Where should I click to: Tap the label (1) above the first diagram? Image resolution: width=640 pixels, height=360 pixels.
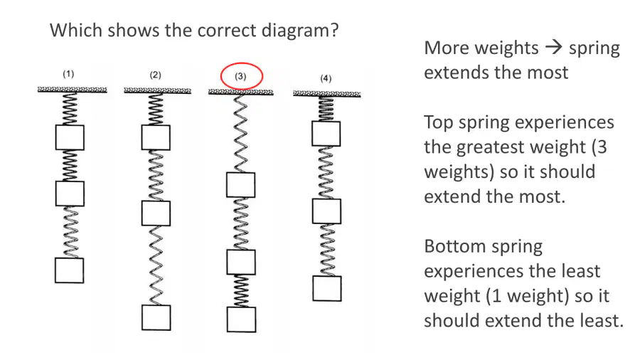click(x=68, y=74)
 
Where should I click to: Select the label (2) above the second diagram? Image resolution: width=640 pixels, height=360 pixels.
click(x=155, y=75)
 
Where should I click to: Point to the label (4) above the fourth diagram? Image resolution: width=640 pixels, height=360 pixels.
click(x=326, y=78)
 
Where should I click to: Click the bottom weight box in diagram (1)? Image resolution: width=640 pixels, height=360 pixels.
click(x=70, y=270)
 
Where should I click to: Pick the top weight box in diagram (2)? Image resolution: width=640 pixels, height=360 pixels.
click(x=156, y=137)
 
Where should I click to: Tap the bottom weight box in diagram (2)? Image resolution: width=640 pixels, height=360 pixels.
click(x=156, y=317)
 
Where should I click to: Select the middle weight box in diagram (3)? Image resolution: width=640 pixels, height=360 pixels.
click(x=241, y=262)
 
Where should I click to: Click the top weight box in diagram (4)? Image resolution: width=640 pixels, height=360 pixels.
click(x=326, y=134)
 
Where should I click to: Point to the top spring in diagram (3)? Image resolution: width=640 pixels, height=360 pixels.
click(x=241, y=134)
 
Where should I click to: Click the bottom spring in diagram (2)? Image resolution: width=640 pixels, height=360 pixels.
click(x=156, y=265)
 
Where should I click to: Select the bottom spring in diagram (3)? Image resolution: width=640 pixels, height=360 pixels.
click(x=241, y=291)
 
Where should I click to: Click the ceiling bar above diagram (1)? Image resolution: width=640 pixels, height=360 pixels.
click(x=73, y=90)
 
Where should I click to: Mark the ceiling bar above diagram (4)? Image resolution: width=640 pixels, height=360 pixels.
click(x=327, y=95)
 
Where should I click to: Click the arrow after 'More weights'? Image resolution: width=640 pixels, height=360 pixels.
click(x=554, y=48)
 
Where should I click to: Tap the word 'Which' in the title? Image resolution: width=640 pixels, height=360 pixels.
click(x=76, y=30)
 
